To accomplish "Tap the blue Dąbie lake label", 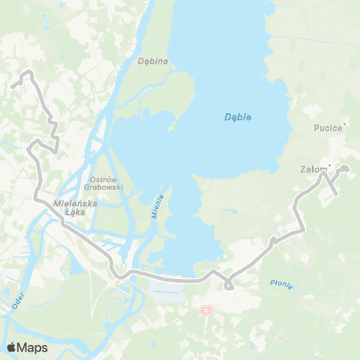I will (238, 117).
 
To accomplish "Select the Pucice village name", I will (327, 127).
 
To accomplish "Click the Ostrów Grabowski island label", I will (106, 182).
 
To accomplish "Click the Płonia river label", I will (280, 283).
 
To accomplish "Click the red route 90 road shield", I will (206, 309).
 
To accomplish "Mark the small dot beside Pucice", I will (343, 124).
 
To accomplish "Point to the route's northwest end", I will (13, 87).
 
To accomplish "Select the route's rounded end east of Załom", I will (346, 169).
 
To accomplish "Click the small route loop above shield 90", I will (228, 285).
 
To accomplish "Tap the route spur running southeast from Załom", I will (331, 187).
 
